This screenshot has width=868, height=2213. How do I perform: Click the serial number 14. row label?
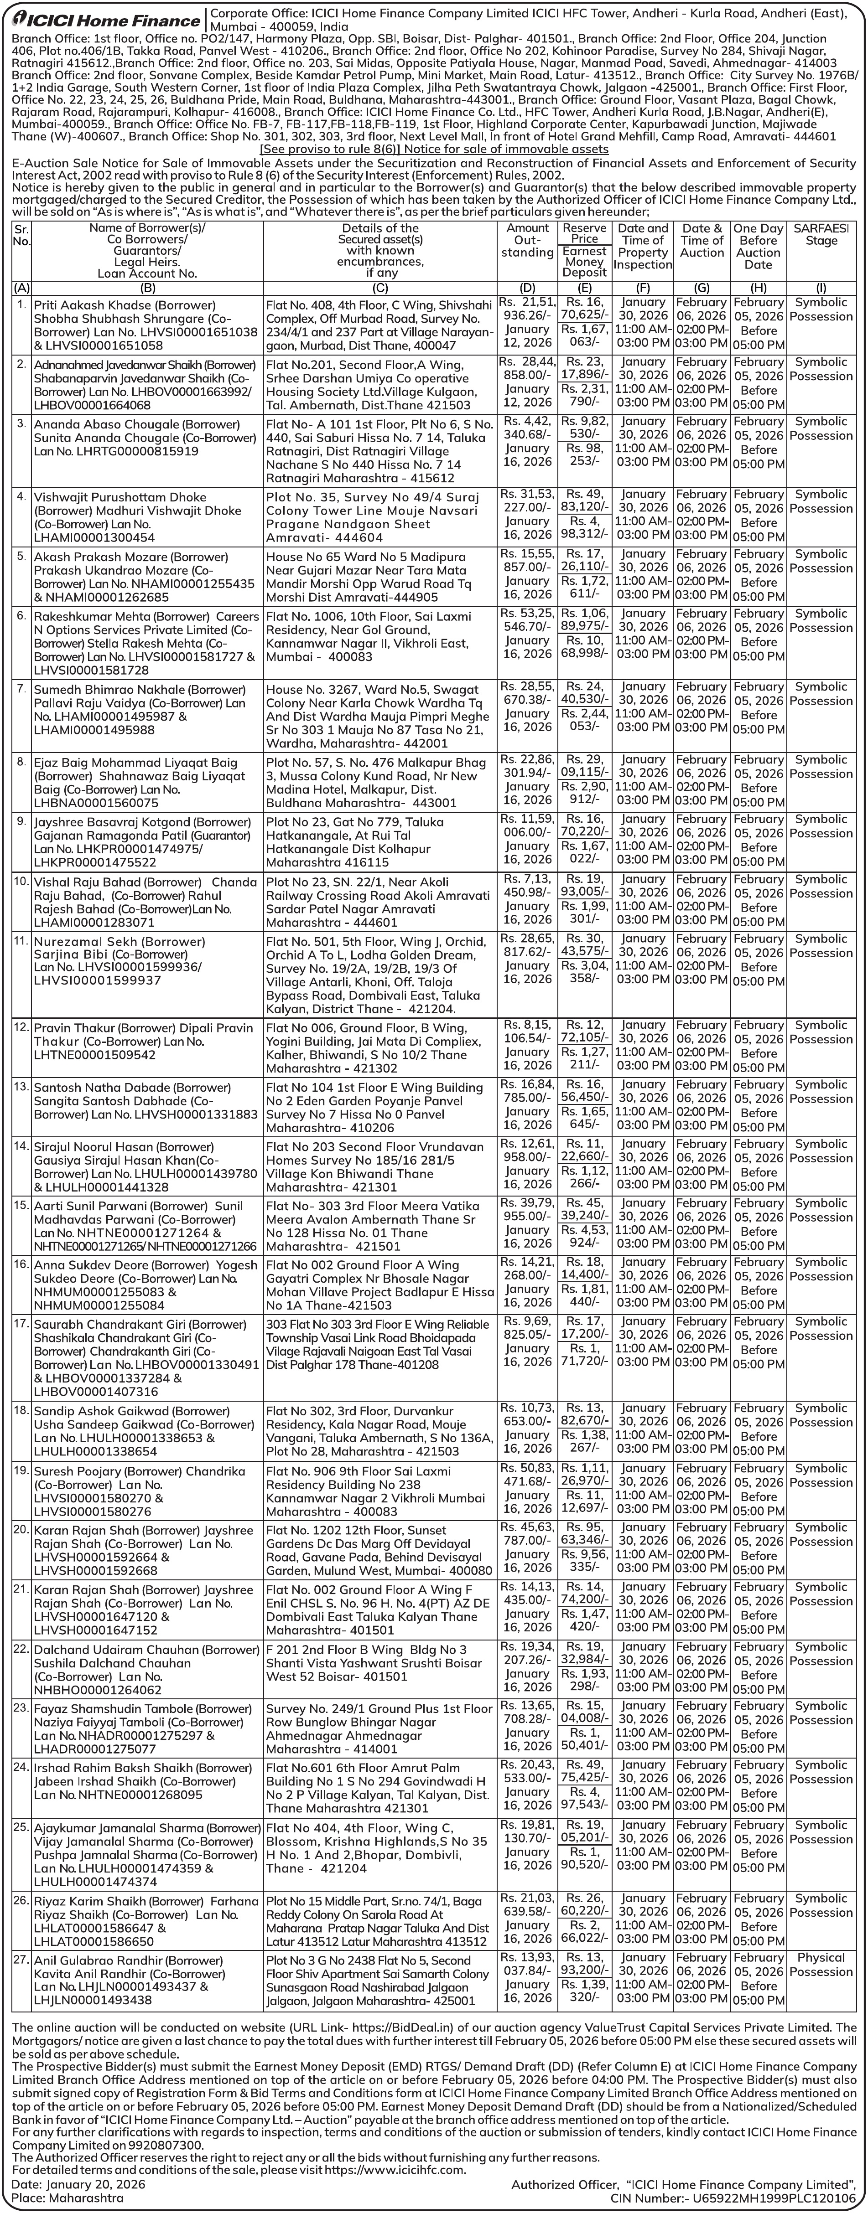coord(21,1146)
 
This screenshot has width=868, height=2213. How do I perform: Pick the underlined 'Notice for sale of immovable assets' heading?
coord(434,149)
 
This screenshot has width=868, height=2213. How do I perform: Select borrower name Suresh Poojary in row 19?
coord(78,1471)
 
